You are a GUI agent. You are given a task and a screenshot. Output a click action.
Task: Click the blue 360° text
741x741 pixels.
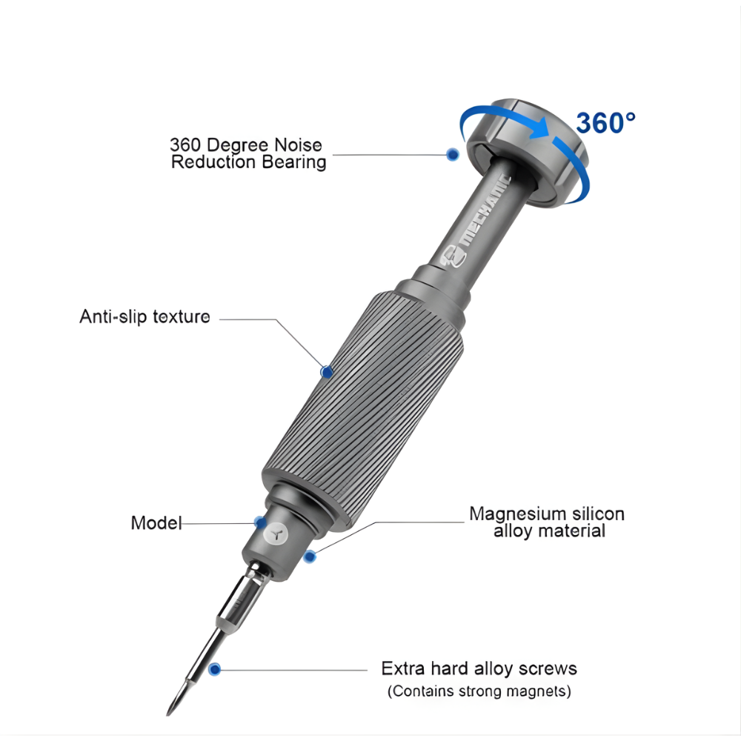pyautogui.click(x=606, y=123)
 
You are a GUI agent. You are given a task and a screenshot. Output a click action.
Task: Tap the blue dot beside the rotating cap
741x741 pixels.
pyautogui.click(x=453, y=154)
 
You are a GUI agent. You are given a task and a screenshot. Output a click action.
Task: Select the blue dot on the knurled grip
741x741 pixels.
pyautogui.click(x=326, y=372)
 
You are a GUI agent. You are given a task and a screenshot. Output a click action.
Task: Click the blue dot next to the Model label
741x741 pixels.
pyautogui.click(x=260, y=522)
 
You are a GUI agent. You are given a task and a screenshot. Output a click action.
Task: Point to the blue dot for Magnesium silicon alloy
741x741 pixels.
pyautogui.click(x=310, y=556)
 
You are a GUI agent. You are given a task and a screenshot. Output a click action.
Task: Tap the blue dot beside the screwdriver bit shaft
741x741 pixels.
pyautogui.click(x=215, y=669)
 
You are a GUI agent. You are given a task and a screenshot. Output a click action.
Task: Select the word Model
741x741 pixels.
pyautogui.click(x=156, y=522)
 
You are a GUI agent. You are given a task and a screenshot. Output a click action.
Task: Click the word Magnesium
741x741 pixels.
pyautogui.click(x=517, y=514)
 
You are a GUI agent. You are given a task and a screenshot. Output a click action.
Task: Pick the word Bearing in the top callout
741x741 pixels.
pyautogui.click(x=293, y=162)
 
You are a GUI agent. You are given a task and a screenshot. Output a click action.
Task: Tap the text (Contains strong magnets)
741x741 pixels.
pyautogui.click(x=479, y=691)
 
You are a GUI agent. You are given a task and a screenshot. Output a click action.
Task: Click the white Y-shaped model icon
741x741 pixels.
pyautogui.click(x=276, y=535)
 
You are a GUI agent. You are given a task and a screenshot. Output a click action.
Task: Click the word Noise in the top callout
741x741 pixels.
pyautogui.click(x=297, y=144)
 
